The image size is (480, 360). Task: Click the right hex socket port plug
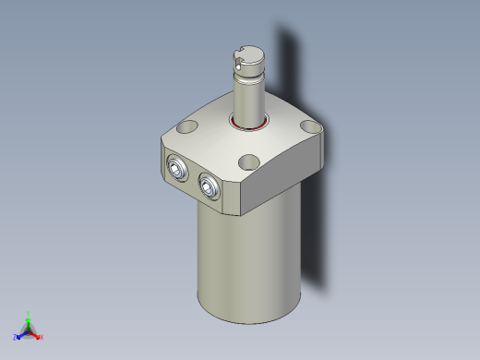coord(209,186)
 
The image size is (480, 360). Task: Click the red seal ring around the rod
coord(248,124)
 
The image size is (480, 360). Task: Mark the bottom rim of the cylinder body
coord(247,321)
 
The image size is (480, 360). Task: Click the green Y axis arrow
coord(29,319)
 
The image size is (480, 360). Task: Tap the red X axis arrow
coord(36,333)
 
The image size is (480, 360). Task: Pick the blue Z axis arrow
coord(21,333)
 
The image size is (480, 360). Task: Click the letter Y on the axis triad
coord(30,313)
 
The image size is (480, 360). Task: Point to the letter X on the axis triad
coord(42,337)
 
